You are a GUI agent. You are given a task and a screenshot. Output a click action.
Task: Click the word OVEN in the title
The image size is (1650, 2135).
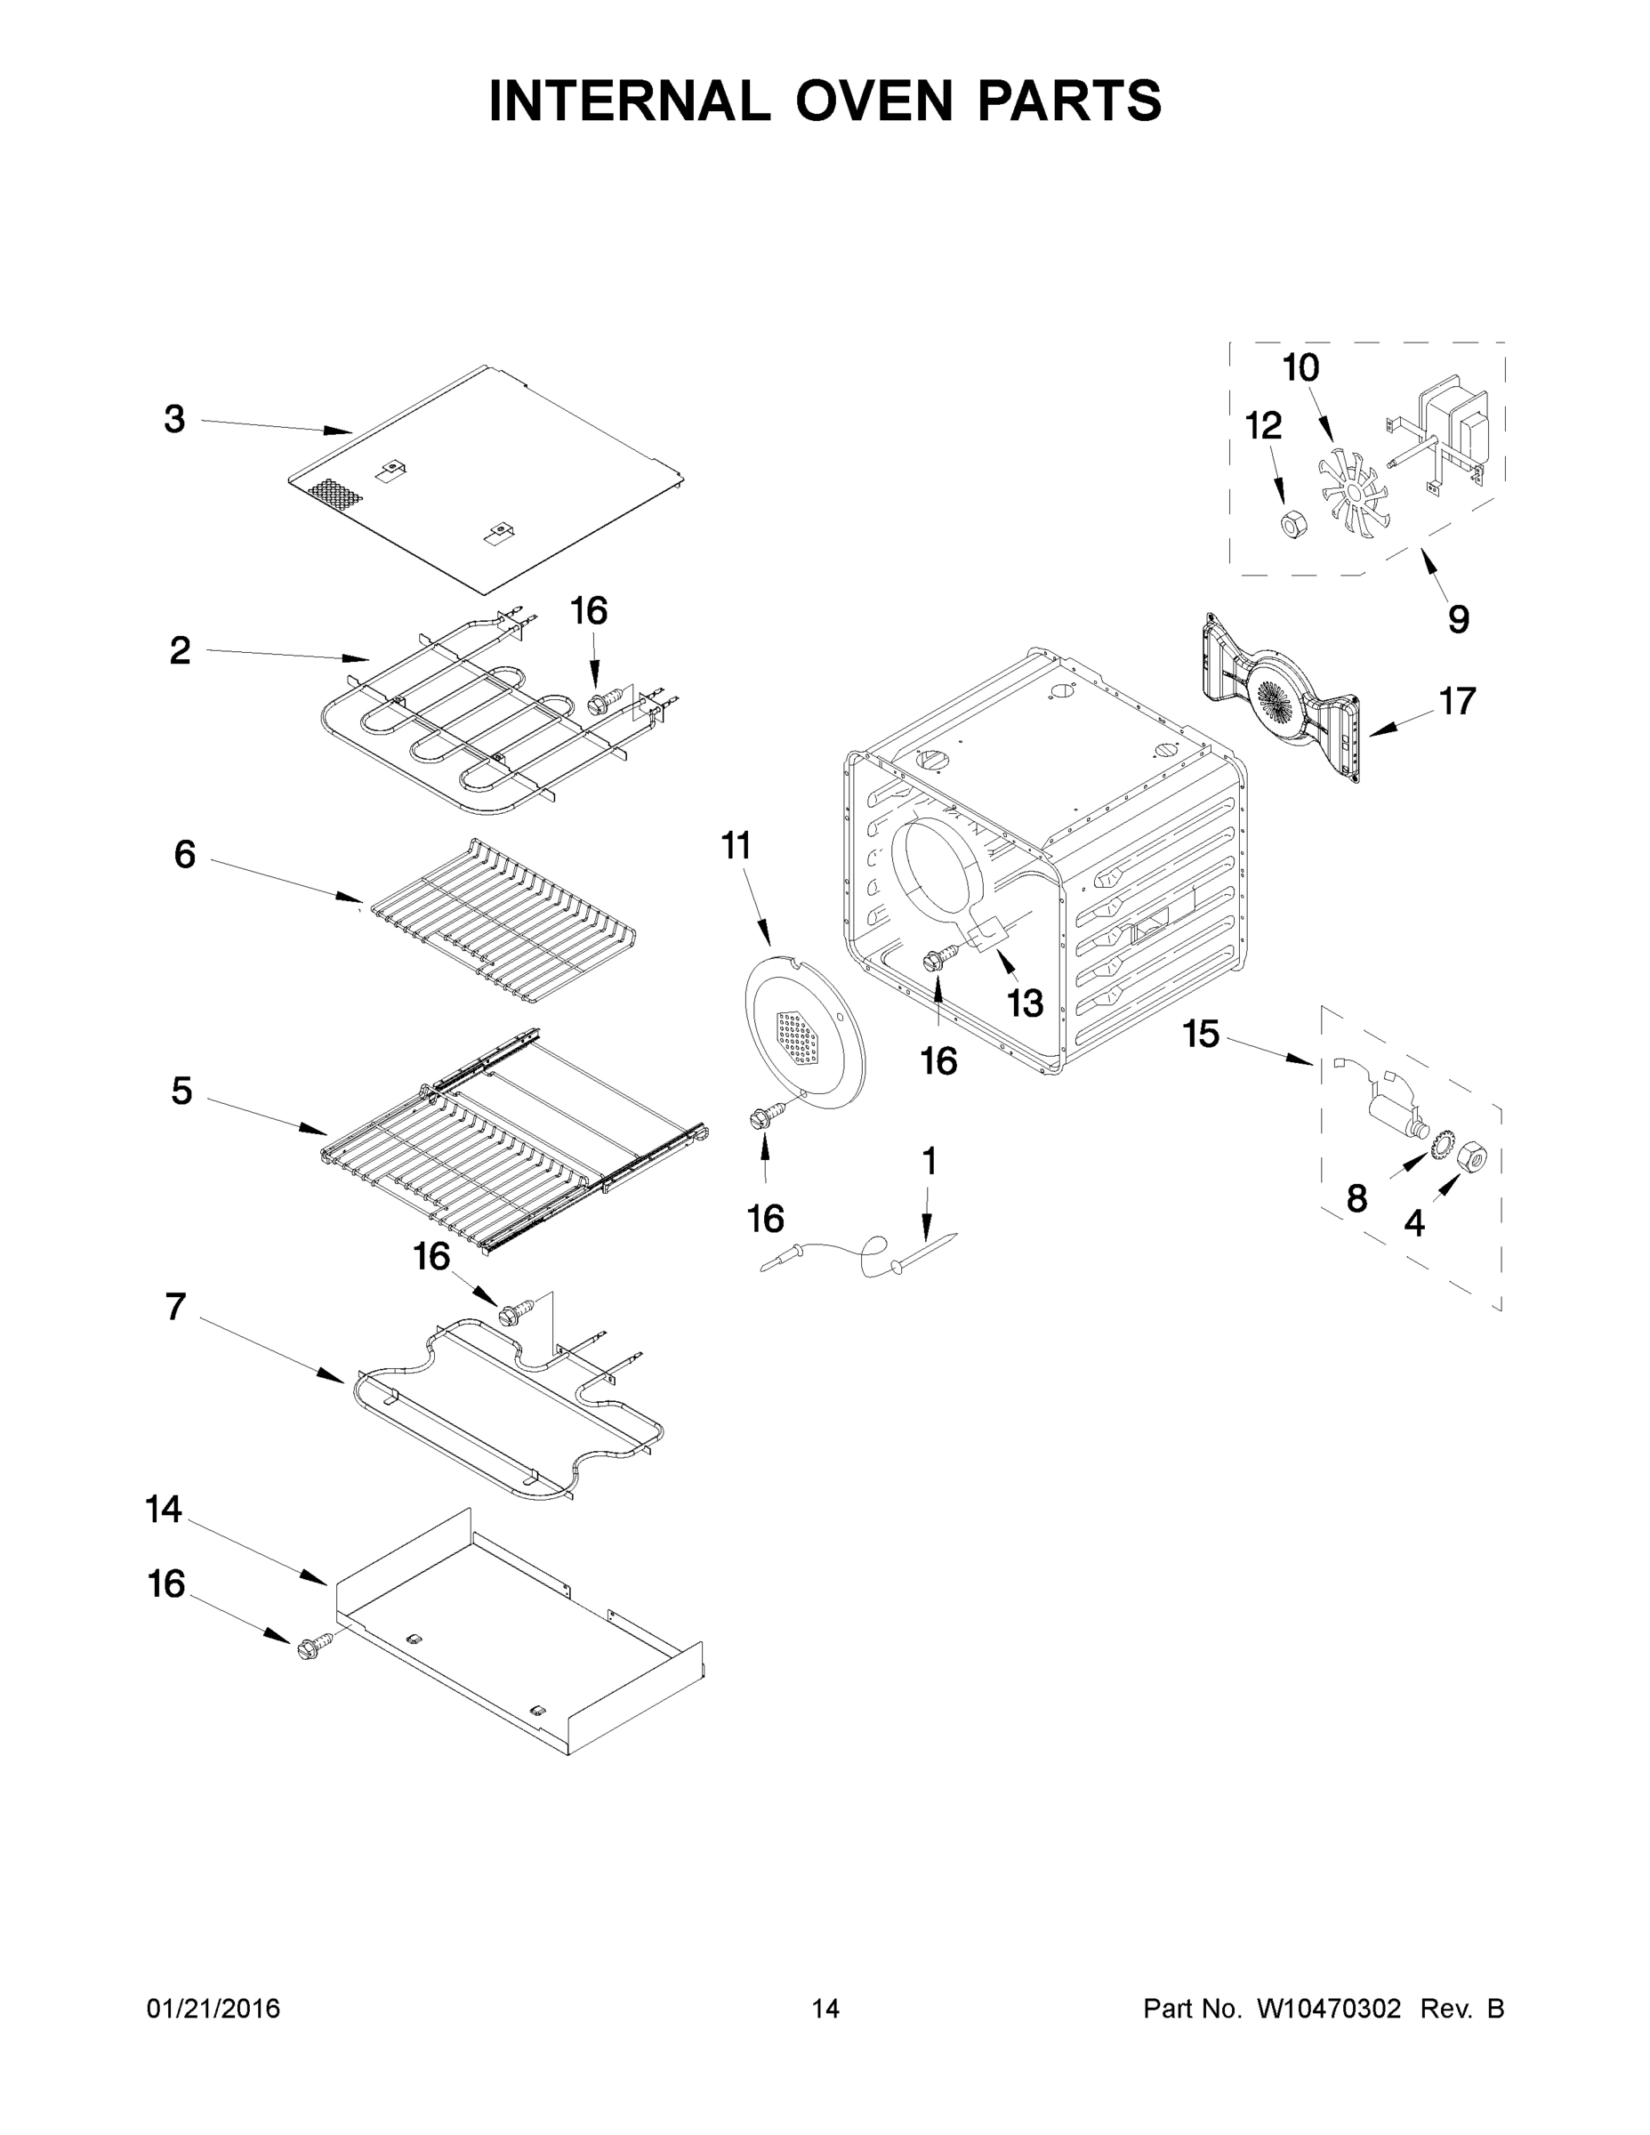(873, 101)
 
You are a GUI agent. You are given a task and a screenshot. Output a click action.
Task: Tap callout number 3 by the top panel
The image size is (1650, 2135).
(174, 419)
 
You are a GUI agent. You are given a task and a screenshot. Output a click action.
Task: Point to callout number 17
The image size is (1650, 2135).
(1456, 701)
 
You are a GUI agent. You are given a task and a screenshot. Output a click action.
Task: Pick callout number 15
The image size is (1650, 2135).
(1202, 1034)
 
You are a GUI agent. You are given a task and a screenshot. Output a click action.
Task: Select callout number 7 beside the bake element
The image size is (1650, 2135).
(176, 1306)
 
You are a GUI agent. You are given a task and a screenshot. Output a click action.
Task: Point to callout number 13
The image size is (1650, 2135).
(1026, 1002)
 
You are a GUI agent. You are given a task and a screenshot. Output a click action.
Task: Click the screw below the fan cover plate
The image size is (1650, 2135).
(765, 1117)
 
